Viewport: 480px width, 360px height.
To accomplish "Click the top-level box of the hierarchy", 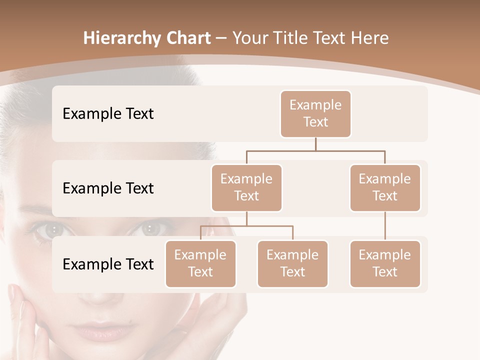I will click(x=315, y=113).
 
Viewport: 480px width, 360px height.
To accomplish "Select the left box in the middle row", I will click(x=246, y=187).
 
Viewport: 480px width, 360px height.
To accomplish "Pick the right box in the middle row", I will click(x=385, y=187).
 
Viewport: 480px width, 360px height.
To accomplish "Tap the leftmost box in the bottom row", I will click(x=200, y=263).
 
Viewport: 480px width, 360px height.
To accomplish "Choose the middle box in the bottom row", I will click(x=292, y=263).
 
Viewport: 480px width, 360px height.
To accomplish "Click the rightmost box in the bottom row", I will click(x=385, y=263).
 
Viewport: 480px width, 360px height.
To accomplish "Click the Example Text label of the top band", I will click(x=108, y=113).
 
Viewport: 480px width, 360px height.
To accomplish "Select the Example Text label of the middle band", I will click(x=108, y=188).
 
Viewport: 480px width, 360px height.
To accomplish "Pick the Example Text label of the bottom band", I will click(x=108, y=264).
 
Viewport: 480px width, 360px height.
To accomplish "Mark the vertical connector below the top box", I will click(x=315, y=144).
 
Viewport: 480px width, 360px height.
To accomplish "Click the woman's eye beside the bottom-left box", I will click(x=149, y=229).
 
